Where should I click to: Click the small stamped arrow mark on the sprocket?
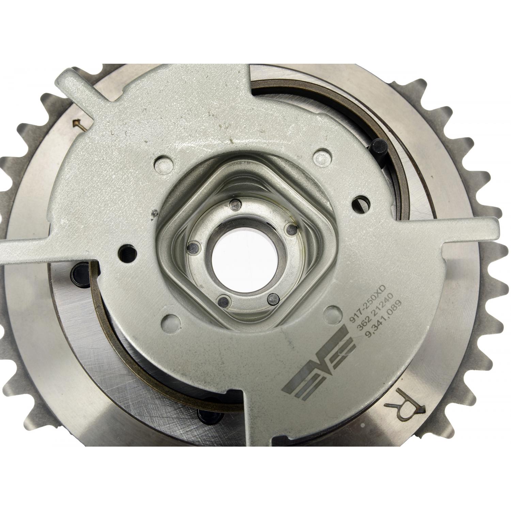(x=81, y=124)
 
